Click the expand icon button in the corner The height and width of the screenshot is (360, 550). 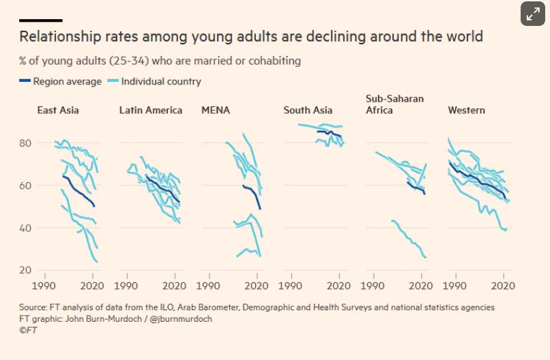pyautogui.click(x=533, y=13)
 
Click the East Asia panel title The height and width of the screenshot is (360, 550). pyautogui.click(x=58, y=110)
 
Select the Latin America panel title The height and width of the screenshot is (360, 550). pyautogui.click(x=150, y=110)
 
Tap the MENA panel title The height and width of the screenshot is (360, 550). pyautogui.click(x=216, y=110)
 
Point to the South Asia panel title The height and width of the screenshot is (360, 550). pyautogui.click(x=308, y=110)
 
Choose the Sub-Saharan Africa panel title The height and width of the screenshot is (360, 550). pyautogui.click(x=394, y=104)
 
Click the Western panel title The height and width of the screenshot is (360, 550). pyautogui.click(x=466, y=110)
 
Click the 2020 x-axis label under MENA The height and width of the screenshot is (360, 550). pyautogui.click(x=257, y=285)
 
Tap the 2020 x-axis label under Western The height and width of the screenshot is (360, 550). pyautogui.click(x=502, y=285)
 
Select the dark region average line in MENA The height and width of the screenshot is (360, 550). pyautogui.click(x=253, y=192)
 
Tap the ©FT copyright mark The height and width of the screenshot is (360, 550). pyautogui.click(x=28, y=329)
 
